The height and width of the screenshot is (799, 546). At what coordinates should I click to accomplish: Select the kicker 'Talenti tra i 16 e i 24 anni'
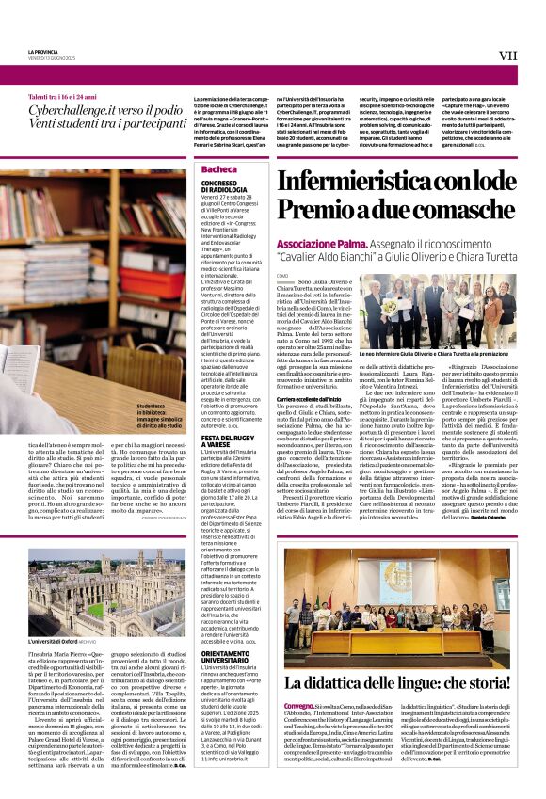tap(64, 97)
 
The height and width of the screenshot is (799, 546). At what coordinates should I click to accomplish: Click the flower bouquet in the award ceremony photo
tap(390, 306)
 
